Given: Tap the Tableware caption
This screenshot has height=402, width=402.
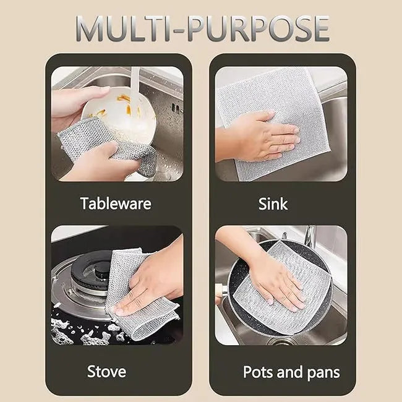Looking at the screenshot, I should pos(116,203).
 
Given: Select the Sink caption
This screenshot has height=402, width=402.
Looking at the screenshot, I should pos(273,203).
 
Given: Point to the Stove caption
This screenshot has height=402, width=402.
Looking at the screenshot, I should pos(106,371).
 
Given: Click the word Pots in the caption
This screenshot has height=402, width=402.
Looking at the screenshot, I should pos(258,372).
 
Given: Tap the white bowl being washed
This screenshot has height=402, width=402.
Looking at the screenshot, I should pos(127,118).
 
